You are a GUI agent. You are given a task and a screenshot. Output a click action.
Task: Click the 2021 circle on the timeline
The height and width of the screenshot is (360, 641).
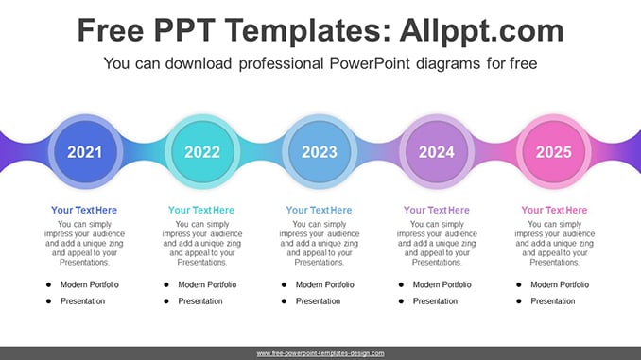pos(85,151)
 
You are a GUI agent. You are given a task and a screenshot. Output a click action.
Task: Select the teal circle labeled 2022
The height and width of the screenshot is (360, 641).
pos(202,151)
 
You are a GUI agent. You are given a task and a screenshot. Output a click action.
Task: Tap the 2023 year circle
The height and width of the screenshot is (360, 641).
pos(320,151)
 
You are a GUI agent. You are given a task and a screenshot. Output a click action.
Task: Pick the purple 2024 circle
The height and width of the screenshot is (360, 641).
pos(437,151)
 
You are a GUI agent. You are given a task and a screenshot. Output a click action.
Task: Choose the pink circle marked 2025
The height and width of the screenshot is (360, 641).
pos(554,151)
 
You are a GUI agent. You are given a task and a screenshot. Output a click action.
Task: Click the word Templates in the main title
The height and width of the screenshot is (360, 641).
pos(304,31)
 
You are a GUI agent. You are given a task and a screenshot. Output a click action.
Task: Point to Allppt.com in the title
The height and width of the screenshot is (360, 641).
pos(481,31)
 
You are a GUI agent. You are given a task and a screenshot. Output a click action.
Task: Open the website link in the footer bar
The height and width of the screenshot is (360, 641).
pos(320,353)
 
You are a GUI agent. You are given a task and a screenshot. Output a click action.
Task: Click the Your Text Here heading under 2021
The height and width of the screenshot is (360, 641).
pos(84,210)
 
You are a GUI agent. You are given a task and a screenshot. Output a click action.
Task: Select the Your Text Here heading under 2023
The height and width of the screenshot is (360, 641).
pos(319,210)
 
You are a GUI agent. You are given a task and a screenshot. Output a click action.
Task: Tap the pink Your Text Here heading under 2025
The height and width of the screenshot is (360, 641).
pos(554,210)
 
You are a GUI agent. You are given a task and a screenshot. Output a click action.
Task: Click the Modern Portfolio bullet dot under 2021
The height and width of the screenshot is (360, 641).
pos(48,284)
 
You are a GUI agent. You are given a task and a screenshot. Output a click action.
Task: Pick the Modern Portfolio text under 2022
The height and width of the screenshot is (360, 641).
pos(207,284)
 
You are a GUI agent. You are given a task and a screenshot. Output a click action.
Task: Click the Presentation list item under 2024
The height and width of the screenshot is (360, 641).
pos(435,301)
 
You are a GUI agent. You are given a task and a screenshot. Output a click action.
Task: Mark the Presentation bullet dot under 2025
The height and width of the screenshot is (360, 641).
pos(519,301)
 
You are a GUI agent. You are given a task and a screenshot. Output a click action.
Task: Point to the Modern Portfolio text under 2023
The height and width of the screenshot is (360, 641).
pos(325,284)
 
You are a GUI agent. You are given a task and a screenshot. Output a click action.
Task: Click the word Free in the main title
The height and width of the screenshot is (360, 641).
pos(111,31)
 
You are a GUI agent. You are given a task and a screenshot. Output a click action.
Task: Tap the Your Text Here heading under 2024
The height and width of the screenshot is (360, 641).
pos(437,210)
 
